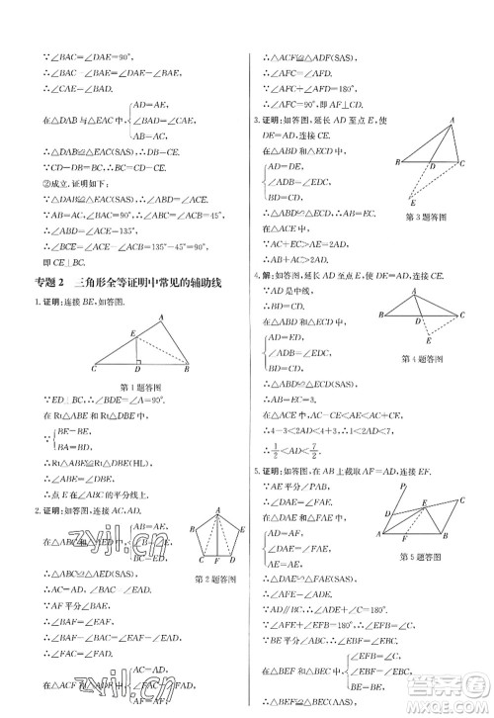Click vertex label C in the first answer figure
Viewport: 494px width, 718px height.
tap(93, 370)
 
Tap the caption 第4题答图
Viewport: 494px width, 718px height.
tap(422, 358)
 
